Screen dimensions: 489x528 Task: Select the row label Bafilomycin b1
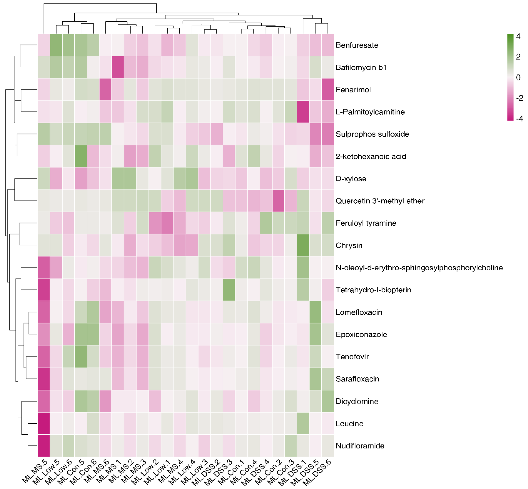pos(361,68)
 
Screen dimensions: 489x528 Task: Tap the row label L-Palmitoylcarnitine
pos(370,112)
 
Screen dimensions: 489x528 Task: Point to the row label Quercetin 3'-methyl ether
pos(380,201)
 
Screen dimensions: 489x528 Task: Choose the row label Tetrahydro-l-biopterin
pos(373,290)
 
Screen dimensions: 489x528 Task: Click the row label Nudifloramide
pos(360,446)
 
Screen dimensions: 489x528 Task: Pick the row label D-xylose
pos(351,179)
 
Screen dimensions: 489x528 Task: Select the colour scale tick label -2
pos(519,98)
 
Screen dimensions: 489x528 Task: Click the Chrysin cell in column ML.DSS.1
pos(303,245)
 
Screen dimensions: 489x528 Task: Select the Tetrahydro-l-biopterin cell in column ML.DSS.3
pos(229,290)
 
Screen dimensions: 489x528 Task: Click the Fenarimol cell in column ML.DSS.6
pos(328,89)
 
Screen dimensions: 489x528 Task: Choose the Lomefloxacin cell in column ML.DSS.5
pos(315,312)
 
